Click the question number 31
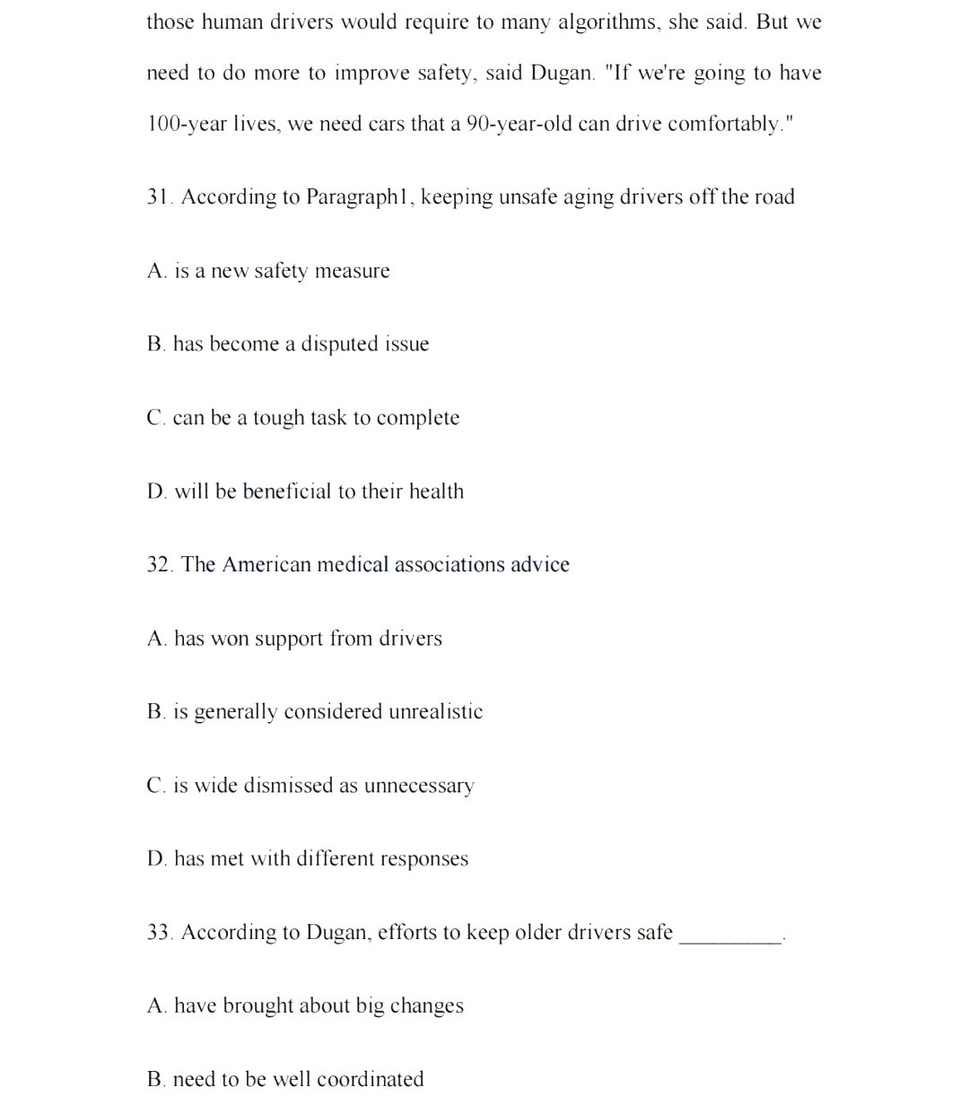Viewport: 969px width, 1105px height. (x=159, y=197)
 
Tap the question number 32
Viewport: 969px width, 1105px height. (x=159, y=565)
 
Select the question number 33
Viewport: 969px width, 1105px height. (x=159, y=933)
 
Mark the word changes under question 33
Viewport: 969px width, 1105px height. (x=426, y=1006)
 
